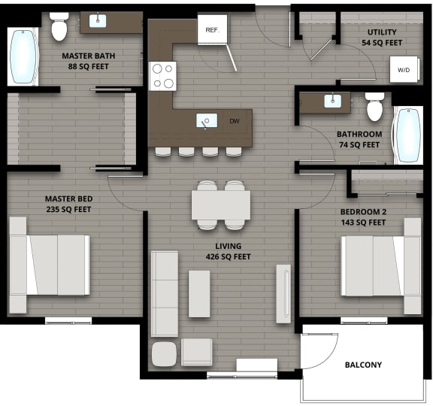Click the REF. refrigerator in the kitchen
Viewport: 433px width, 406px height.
(211, 31)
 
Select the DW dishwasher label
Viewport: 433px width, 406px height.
(235, 120)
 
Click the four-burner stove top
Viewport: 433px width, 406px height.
(163, 75)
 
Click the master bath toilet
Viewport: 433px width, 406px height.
(60, 28)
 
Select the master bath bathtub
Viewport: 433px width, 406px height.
(23, 56)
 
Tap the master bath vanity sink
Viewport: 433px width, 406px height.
(98, 21)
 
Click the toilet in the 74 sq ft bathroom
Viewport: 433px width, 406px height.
(375, 107)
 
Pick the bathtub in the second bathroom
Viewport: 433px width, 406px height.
(408, 135)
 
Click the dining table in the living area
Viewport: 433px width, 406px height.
(220, 204)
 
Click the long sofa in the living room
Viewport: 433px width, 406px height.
(165, 293)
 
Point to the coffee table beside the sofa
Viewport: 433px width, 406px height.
(199, 293)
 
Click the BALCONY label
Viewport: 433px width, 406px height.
(363, 365)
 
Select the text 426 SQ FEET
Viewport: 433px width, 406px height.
(229, 256)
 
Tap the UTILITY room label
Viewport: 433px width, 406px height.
(382, 32)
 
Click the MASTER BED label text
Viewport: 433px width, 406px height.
(68, 198)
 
